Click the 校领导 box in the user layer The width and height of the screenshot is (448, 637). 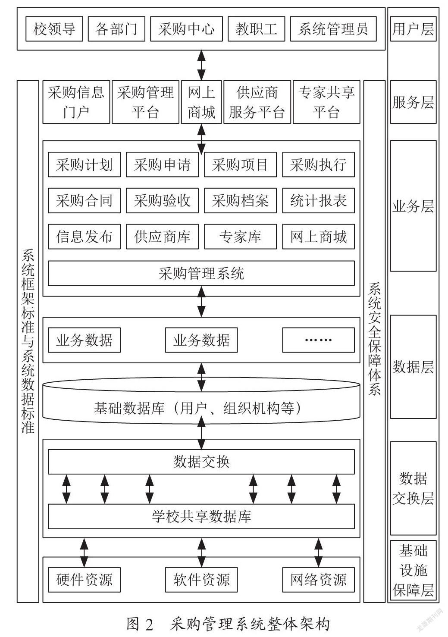(x=54, y=29)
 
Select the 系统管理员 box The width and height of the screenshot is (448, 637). (x=333, y=29)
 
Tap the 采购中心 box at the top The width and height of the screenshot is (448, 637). (x=186, y=29)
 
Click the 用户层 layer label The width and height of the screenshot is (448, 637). (x=413, y=29)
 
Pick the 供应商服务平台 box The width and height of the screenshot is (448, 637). (x=257, y=102)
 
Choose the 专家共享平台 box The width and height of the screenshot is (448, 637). (x=326, y=102)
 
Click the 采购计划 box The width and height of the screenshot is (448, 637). (x=84, y=164)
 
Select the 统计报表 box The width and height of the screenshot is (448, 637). (x=318, y=200)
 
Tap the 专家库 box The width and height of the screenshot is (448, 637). (x=240, y=236)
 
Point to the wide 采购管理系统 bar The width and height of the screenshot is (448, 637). (x=201, y=273)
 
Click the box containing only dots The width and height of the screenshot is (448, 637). (x=318, y=340)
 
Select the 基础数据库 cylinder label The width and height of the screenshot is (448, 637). (x=197, y=408)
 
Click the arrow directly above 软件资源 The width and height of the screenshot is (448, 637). (x=201, y=553)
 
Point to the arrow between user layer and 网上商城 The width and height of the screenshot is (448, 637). (x=201, y=66)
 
